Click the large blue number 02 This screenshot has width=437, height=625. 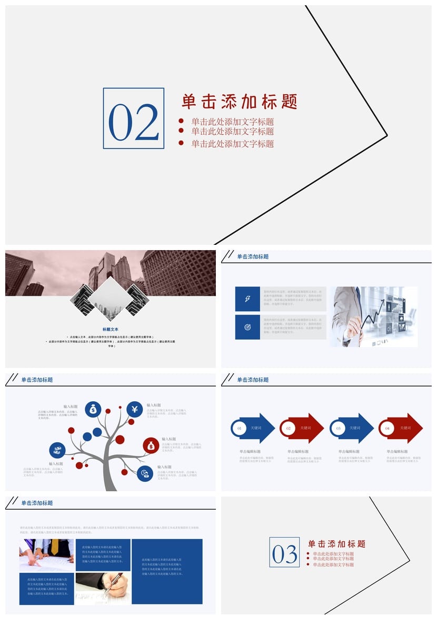pos(133,121)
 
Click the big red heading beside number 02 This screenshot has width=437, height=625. pos(240,101)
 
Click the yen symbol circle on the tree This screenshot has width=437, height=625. pos(135,409)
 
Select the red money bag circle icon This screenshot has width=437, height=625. pos(151,445)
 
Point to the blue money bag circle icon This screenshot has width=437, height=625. pos(93,409)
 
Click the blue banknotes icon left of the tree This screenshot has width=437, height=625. pos(57,450)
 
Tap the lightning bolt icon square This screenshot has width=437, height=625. pos(247,299)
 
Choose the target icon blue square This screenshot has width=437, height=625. pos(247,327)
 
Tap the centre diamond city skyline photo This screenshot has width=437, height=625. pos(111,299)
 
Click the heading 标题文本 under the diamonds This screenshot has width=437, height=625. pos(111,330)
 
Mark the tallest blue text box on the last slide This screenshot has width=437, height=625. pos(167,571)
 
